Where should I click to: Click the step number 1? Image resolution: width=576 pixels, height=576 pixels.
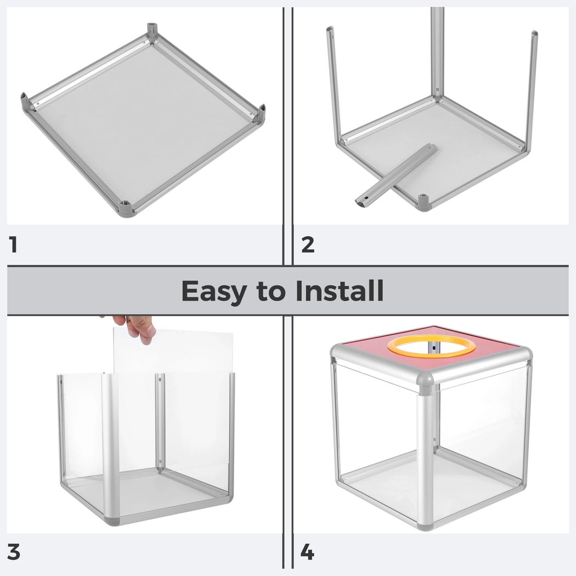point(14,245)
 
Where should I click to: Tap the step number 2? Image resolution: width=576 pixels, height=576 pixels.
point(308,245)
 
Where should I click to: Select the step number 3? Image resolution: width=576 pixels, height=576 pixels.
point(14,552)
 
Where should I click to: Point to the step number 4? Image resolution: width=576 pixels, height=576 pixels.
point(307,552)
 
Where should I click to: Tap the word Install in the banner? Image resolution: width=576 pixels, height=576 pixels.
point(340,291)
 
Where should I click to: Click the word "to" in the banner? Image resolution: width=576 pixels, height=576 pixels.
point(272,291)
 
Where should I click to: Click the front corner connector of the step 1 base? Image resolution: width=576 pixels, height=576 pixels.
point(126,208)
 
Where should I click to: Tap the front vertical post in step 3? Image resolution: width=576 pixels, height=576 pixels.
point(110,449)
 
